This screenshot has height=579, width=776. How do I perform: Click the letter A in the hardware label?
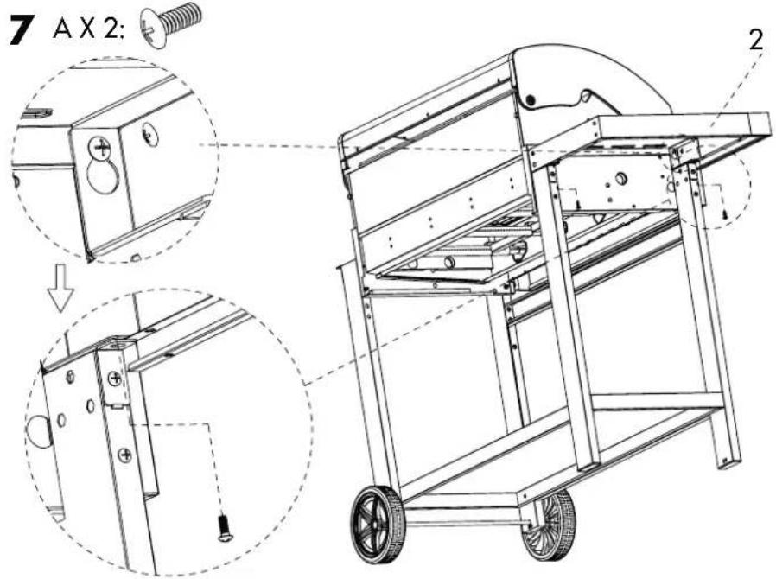coord(62,30)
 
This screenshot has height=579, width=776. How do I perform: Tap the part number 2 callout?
coord(756,41)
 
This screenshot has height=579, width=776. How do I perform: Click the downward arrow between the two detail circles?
coord(60,287)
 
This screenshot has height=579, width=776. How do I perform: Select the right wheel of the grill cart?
coord(549,525)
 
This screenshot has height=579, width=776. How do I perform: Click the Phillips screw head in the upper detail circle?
coord(100,146)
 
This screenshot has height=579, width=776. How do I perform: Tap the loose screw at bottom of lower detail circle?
coord(224,527)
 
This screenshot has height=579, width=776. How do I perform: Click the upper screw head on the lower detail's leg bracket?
coord(115,379)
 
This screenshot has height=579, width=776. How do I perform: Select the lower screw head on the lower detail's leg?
coord(125,455)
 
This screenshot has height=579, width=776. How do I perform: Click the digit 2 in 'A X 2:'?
coord(111,30)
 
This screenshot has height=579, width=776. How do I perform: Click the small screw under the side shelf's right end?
coord(724,215)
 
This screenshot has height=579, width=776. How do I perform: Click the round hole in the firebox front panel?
coord(620,178)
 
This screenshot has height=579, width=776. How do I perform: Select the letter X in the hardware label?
coord(87,30)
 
